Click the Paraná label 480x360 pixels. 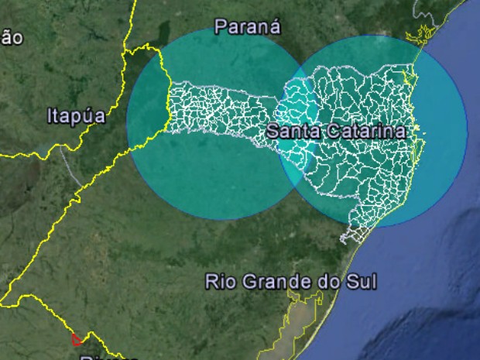[x=247, y=27]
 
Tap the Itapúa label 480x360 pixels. [x=76, y=117]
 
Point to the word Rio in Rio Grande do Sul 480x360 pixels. [x=219, y=281]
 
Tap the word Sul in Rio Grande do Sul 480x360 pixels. [x=362, y=281]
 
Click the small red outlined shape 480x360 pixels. [x=77, y=338]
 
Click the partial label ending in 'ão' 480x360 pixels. [x=11, y=37]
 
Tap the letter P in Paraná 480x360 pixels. [x=221, y=27]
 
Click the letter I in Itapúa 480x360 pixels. [x=50, y=117]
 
